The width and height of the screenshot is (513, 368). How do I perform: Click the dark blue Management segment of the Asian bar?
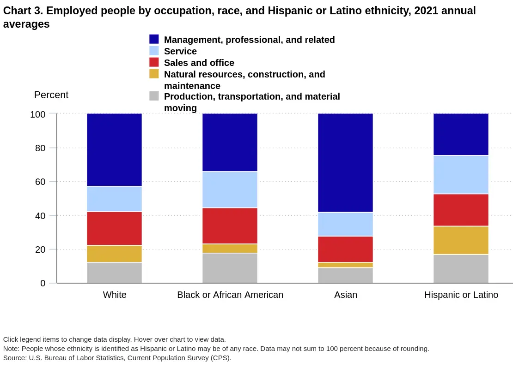click(345, 163)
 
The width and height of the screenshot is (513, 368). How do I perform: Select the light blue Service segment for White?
click(114, 199)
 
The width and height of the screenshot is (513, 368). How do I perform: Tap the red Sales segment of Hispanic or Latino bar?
click(461, 210)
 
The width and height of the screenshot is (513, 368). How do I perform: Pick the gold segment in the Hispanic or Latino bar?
click(461, 240)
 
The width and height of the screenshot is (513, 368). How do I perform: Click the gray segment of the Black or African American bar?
click(230, 268)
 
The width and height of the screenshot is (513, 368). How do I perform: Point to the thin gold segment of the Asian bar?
click(345, 265)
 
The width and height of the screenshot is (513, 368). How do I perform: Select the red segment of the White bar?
click(114, 228)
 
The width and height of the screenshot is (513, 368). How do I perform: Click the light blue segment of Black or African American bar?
click(230, 190)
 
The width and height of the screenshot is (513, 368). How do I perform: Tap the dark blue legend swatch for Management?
click(154, 39)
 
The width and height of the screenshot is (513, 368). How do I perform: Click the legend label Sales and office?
click(199, 63)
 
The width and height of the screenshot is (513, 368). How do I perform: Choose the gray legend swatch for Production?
click(154, 96)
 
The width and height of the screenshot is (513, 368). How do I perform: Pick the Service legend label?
click(180, 51)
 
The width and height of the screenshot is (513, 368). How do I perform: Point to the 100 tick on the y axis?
click(38, 114)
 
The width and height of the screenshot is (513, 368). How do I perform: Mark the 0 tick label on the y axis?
click(43, 283)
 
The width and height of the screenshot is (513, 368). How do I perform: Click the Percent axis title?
click(51, 95)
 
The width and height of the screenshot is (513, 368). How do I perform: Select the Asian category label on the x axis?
click(346, 295)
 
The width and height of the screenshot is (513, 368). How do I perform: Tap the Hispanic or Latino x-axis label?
click(461, 295)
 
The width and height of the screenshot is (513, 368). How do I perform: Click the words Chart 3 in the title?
click(21, 11)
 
